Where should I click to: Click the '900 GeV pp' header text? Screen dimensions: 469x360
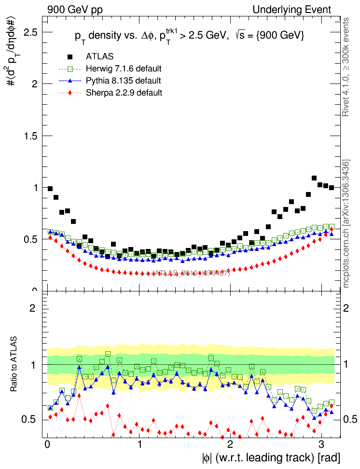[x=75, y=10]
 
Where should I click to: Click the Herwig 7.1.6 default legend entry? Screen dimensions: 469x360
[x=124, y=69]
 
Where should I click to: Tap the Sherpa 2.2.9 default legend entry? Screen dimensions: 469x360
[x=124, y=92]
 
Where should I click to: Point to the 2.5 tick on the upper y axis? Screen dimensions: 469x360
[x=32, y=32]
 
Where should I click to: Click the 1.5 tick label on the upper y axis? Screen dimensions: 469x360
[x=32, y=136]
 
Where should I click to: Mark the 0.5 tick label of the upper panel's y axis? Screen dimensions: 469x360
[x=32, y=239]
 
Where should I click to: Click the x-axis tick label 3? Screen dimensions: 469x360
[x=321, y=444]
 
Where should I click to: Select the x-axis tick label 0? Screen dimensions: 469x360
[x=47, y=444]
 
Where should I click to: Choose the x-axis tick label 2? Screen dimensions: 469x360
[x=230, y=444]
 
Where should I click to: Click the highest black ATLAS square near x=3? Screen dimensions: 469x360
[x=314, y=178]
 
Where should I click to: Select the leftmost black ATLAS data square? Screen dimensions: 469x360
[x=50, y=189]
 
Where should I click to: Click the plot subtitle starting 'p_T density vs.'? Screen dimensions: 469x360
[x=189, y=37]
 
